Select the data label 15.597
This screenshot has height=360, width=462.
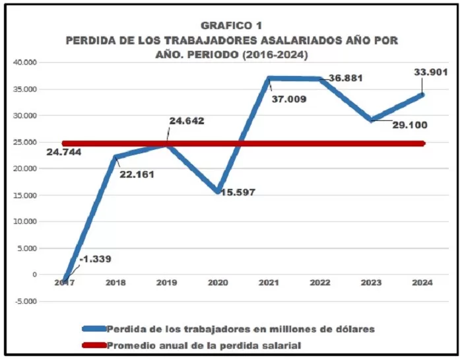coord(234,192)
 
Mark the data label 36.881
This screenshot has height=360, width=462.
coord(346,78)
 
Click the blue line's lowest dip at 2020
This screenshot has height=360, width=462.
coord(218,192)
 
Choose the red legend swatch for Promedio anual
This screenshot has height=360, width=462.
coord(93,345)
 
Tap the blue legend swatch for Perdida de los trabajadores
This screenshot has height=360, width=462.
coord(93,328)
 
